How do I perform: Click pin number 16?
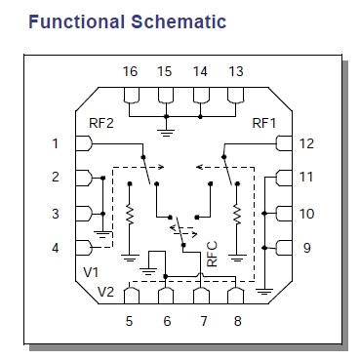tap(129, 72)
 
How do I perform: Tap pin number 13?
tap(235, 72)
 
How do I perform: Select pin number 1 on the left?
tap(57, 144)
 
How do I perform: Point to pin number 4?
tap(57, 248)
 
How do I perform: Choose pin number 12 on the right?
tap(306, 144)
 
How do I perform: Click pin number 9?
tap(306, 248)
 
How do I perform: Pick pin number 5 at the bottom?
tap(129, 319)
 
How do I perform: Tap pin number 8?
tap(235, 319)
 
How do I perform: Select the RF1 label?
tap(265, 123)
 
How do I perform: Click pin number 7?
tap(201, 319)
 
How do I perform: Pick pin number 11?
tap(306, 178)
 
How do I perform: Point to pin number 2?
tap(57, 178)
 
